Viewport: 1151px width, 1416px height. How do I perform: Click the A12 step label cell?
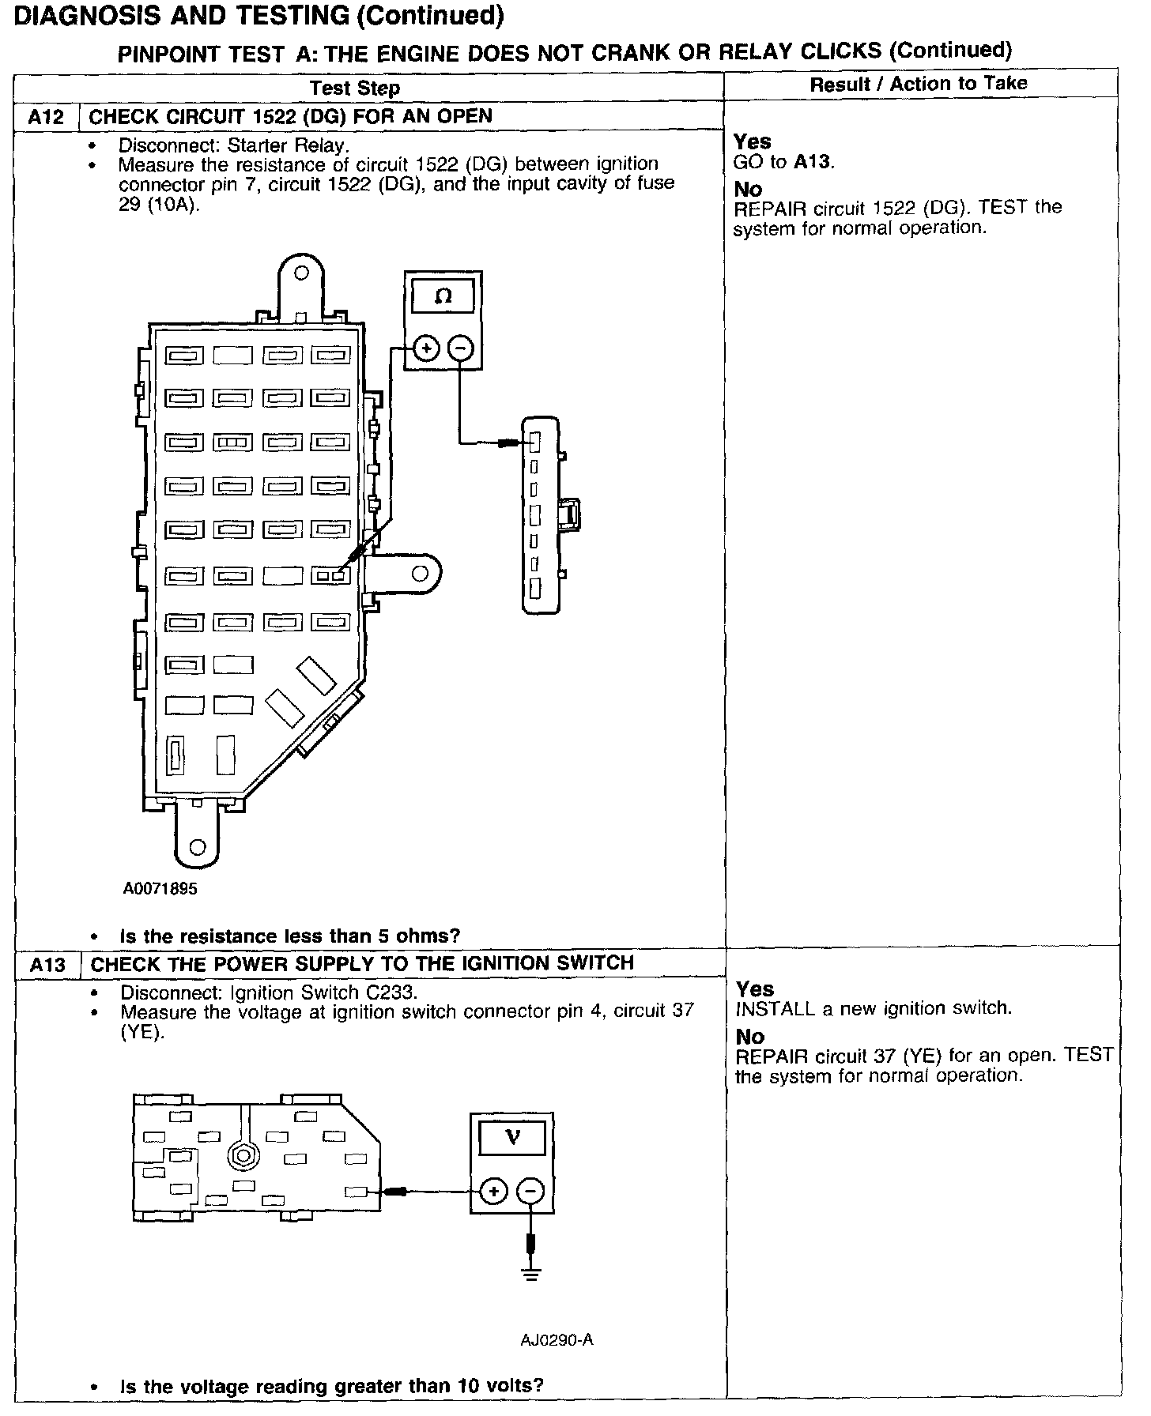[46, 118]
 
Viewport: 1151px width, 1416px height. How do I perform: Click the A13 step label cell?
[47, 965]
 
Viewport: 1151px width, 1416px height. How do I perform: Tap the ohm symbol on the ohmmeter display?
[443, 296]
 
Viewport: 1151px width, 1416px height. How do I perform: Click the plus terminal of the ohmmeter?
[426, 348]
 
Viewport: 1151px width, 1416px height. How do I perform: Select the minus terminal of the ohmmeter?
[461, 348]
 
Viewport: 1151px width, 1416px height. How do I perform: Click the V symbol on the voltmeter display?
[512, 1137]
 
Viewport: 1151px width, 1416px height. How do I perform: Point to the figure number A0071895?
[160, 888]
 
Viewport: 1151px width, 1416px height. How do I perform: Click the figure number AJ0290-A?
[557, 1339]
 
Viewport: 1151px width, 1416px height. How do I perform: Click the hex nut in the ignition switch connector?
[243, 1155]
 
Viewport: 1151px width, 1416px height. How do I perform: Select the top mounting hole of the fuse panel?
[300, 274]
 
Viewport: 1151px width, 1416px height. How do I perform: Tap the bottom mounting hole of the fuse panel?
[198, 847]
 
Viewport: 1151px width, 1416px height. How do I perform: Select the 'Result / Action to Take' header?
[919, 84]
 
